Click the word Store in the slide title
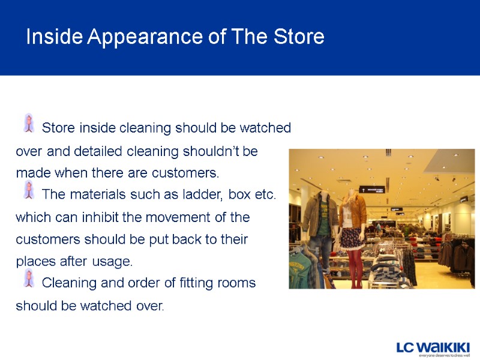coord(298,37)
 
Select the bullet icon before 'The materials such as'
coord(28,190)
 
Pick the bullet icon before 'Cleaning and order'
coord(28,278)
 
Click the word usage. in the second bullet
coord(112,262)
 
